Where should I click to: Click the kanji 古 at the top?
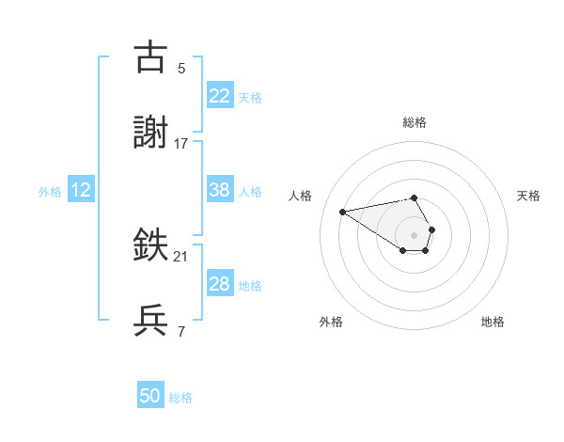tap(151, 57)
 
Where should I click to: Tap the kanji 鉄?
tap(151, 246)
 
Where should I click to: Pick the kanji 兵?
tap(151, 320)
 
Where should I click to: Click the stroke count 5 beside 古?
tap(181, 69)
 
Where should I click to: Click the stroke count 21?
tap(181, 257)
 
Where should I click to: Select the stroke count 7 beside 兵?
tap(181, 330)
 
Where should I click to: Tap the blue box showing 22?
tap(219, 96)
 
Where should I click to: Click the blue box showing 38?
tap(219, 190)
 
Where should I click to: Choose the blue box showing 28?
tap(219, 284)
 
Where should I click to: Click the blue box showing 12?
tap(80, 190)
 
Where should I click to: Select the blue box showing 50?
tap(150, 396)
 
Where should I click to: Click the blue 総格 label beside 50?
tap(180, 398)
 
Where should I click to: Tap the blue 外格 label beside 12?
tap(50, 192)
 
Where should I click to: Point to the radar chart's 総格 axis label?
tap(415, 122)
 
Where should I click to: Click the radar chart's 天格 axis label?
tap(528, 196)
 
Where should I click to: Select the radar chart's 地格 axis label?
tap(493, 322)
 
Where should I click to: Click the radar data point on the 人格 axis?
tap(343, 212)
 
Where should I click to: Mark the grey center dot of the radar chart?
tap(415, 234)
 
